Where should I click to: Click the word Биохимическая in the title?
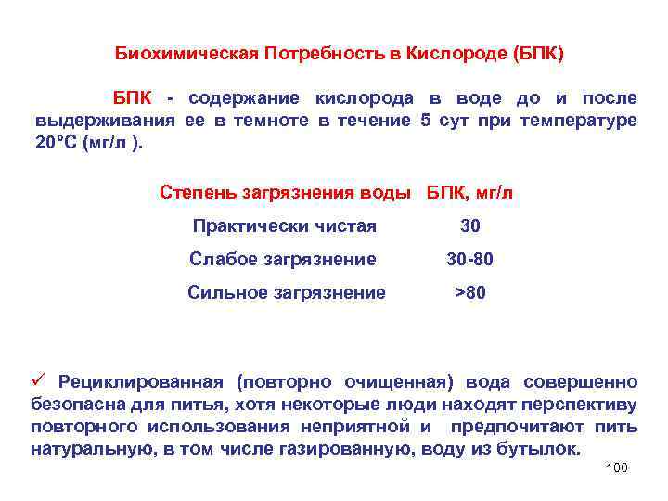[x=185, y=52]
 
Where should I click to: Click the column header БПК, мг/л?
[x=469, y=192]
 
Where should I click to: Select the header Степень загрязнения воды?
[x=285, y=192]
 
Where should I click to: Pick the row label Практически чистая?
[x=284, y=225]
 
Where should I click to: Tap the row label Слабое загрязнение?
[x=283, y=259]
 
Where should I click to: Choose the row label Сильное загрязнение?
[x=286, y=292]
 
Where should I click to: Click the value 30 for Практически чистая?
[x=470, y=225]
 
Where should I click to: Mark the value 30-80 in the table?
[x=469, y=259]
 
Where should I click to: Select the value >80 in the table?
[x=469, y=292]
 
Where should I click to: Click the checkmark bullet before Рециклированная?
[x=39, y=380]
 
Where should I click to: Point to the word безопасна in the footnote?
[x=73, y=404]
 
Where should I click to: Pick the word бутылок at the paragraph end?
[x=547, y=449]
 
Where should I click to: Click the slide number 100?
[x=616, y=468]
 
